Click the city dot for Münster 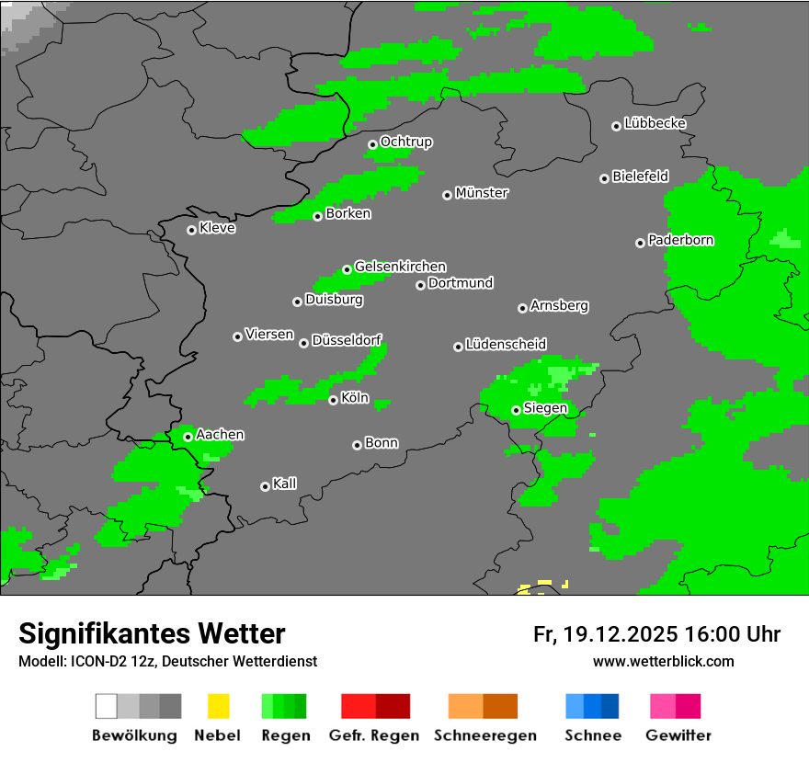click(x=448, y=195)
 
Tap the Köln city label click(x=354, y=398)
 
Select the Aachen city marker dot click(x=188, y=437)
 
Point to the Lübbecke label click(x=655, y=123)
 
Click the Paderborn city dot click(x=640, y=243)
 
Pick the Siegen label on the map click(x=545, y=408)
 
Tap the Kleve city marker click(x=191, y=230)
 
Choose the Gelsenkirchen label click(x=400, y=267)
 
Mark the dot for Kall click(x=265, y=486)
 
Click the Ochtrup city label click(x=405, y=142)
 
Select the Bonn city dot click(x=357, y=445)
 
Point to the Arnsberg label click(x=559, y=305)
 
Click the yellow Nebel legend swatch click(x=218, y=706)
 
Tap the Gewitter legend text click(x=678, y=735)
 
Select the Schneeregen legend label click(x=484, y=735)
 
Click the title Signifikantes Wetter click(x=152, y=633)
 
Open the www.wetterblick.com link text click(x=663, y=661)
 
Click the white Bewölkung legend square click(x=107, y=706)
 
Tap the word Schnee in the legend click(x=592, y=735)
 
